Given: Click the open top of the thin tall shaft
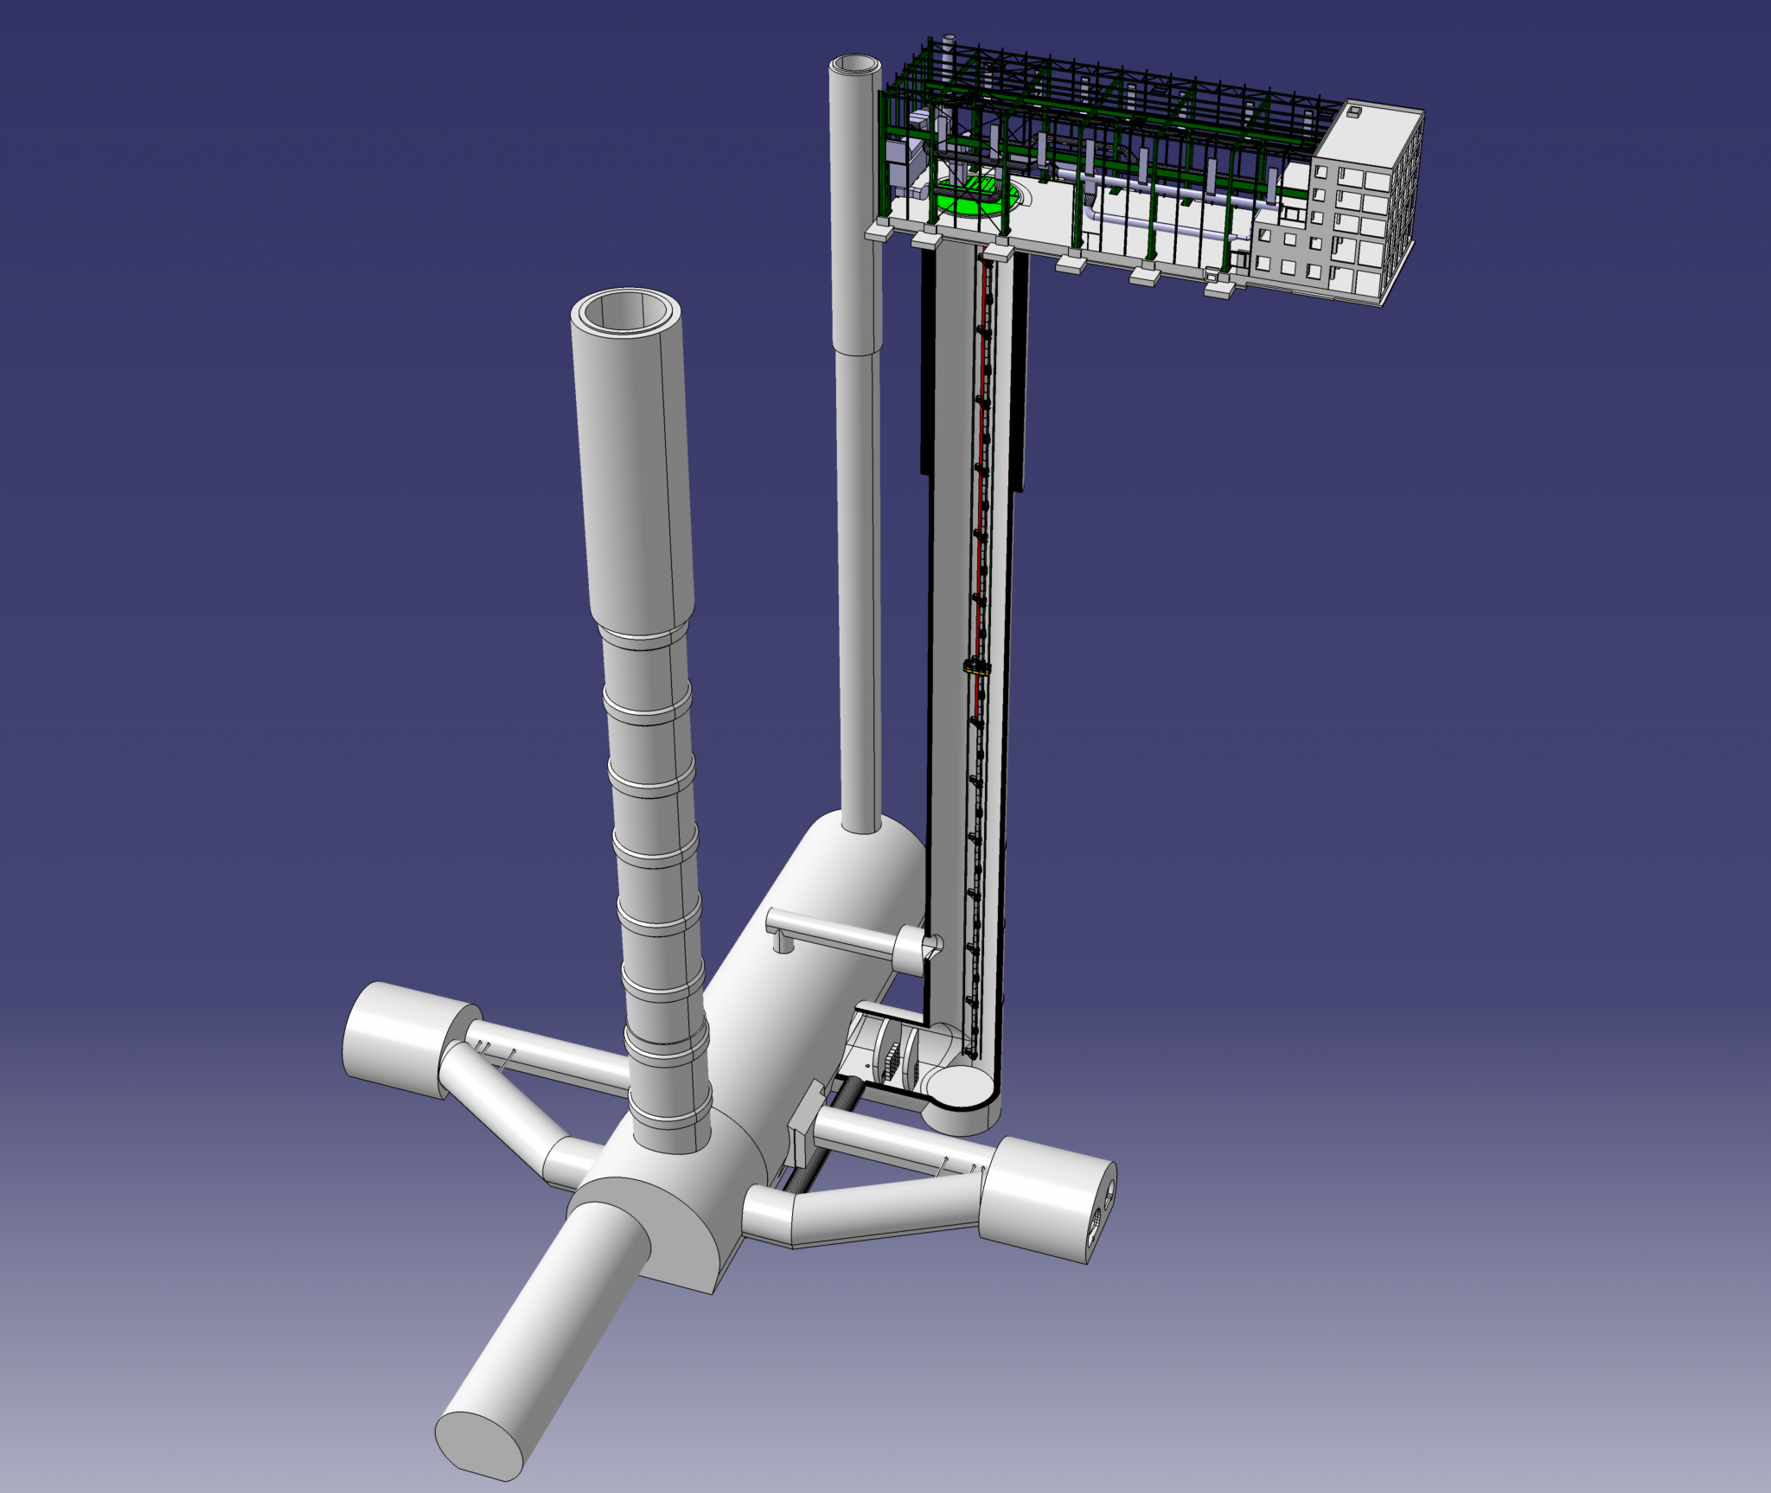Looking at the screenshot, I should click(x=854, y=66).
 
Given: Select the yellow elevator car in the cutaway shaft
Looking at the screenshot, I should click(x=976, y=666).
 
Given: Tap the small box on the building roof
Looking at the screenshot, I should click(x=1354, y=112).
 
